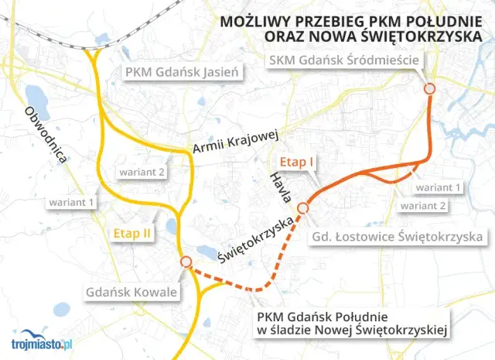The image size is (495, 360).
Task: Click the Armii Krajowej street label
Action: (234, 141)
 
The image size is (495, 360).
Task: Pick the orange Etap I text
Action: (297, 163)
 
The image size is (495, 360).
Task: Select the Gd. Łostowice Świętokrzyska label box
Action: (398, 235)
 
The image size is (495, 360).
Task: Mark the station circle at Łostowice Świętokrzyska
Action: (303, 207)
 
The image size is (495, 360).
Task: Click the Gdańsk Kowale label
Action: (131, 292)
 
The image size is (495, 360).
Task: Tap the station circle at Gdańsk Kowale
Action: (186, 262)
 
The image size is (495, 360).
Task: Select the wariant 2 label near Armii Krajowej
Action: (141, 171)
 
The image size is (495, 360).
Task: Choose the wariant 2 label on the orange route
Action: (422, 206)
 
